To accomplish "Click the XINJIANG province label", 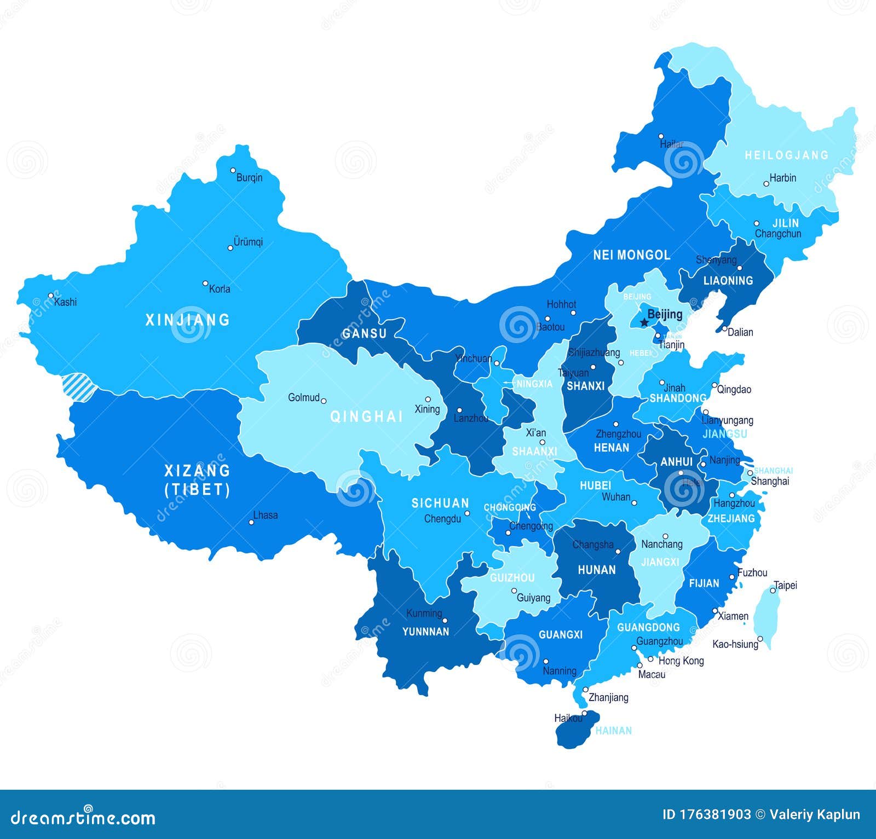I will tap(188, 320).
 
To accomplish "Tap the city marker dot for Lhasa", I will tap(252, 522).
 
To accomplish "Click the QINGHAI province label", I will tap(366, 417).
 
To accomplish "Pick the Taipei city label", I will tap(786, 585).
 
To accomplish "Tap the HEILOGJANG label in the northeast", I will tap(786, 155).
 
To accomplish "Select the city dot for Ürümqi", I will tap(230, 248).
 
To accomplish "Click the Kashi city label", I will tap(66, 302).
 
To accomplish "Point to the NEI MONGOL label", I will tap(631, 255).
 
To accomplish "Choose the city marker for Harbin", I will tap(766, 184).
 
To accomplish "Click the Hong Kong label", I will tap(681, 661).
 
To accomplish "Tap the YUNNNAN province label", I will tap(425, 632).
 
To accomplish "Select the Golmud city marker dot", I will tap(324, 401).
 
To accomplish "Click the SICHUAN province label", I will tap(440, 503).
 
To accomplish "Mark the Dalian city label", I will tap(740, 332).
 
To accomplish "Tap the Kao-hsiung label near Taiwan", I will tap(735, 644).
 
